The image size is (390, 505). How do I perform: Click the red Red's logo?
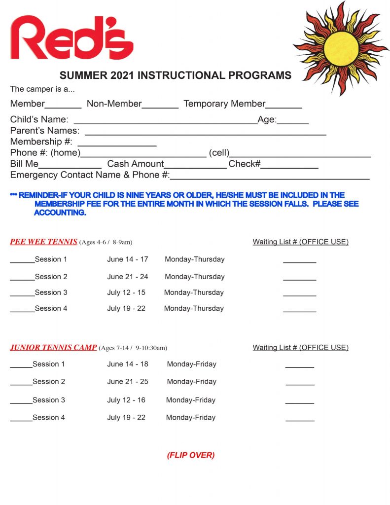pyautogui.click(x=71, y=38)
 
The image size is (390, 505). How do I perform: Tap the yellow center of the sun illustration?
pyautogui.click(x=341, y=48)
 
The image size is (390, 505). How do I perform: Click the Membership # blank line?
pyautogui.click(x=117, y=144)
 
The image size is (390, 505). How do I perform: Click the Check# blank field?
pyautogui.click(x=289, y=166)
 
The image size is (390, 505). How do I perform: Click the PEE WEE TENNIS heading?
pyautogui.click(x=44, y=242)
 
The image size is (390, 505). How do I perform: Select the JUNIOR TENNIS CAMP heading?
pyautogui.click(x=53, y=347)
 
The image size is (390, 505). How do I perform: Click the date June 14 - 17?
pyautogui.click(x=128, y=259)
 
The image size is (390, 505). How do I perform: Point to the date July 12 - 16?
pyautogui.click(x=126, y=400)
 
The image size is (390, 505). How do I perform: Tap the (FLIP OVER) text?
pyautogui.click(x=191, y=455)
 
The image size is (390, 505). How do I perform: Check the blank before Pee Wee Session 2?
pyautogui.click(x=22, y=279)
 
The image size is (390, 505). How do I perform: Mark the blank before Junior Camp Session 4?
pyautogui.click(x=21, y=420)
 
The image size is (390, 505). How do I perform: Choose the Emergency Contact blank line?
pyautogui.click(x=270, y=178)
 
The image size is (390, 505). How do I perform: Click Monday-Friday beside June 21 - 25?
pyautogui.click(x=191, y=382)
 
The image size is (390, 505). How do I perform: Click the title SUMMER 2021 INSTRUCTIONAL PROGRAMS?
pyautogui.click(x=176, y=75)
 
